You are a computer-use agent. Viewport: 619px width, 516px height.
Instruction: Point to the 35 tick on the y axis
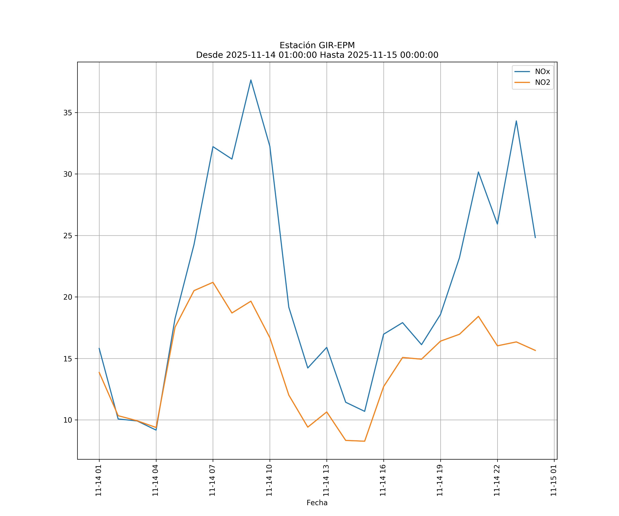coord(68,113)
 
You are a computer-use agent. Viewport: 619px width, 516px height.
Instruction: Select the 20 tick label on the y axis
coord(68,297)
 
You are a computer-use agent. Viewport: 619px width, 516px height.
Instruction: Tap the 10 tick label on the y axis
coord(68,420)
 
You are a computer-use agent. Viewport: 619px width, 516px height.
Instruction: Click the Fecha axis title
coord(317,503)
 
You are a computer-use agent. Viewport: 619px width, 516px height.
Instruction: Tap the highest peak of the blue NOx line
coord(251,80)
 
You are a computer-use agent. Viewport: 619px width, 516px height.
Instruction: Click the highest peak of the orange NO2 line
coord(213,282)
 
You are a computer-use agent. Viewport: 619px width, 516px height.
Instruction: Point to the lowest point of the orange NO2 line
coord(365,441)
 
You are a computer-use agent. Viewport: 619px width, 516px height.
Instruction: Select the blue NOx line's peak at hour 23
coord(516,121)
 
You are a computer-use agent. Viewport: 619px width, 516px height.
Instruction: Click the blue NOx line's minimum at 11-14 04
coord(156,430)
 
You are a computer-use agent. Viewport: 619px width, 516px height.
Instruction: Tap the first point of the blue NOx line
coord(99,348)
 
